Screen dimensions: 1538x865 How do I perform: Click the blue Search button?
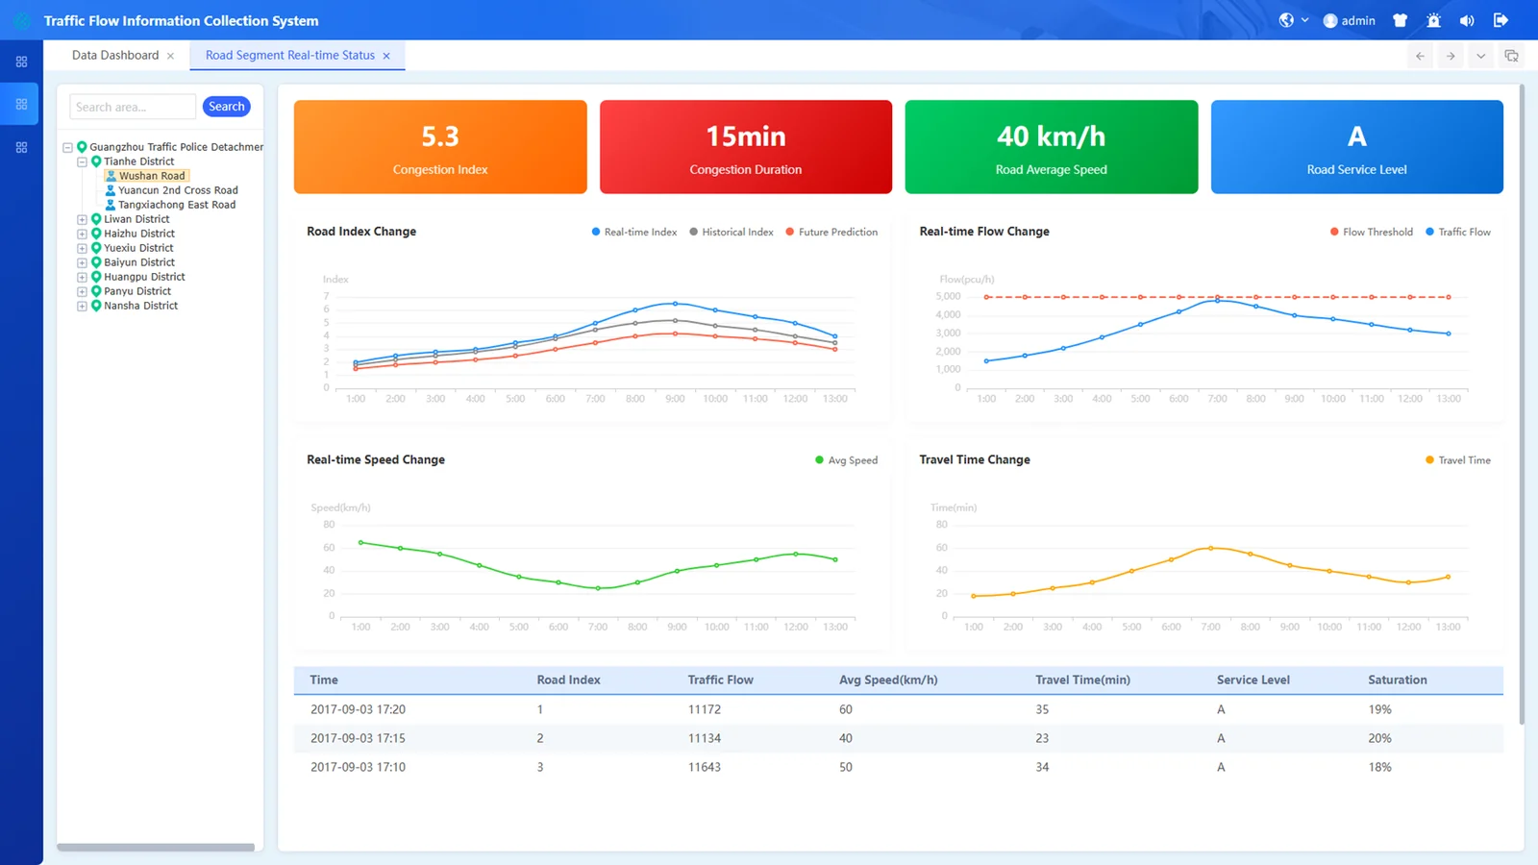227,107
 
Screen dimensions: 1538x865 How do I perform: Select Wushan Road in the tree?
152,176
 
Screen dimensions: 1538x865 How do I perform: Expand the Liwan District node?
82,220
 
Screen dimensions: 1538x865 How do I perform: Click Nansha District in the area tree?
140,306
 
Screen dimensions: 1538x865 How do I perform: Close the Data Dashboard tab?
171,56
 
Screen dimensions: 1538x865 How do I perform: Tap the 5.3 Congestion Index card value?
440,136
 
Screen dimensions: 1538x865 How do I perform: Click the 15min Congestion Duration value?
746,136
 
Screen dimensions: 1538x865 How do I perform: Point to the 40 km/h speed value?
1052,136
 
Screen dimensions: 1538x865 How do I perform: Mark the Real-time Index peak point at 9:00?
675,304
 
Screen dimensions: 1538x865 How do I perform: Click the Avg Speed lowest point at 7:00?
598,588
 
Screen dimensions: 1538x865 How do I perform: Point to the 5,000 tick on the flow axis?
948,297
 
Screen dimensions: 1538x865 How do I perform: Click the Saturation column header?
1398,680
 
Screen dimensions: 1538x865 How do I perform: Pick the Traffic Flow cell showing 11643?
705,767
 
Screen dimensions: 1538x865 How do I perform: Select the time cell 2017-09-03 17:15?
358,738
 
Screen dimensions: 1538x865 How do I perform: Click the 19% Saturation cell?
1379,709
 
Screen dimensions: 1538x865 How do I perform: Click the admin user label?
1358,20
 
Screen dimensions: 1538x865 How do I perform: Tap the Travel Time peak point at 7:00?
1210,548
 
